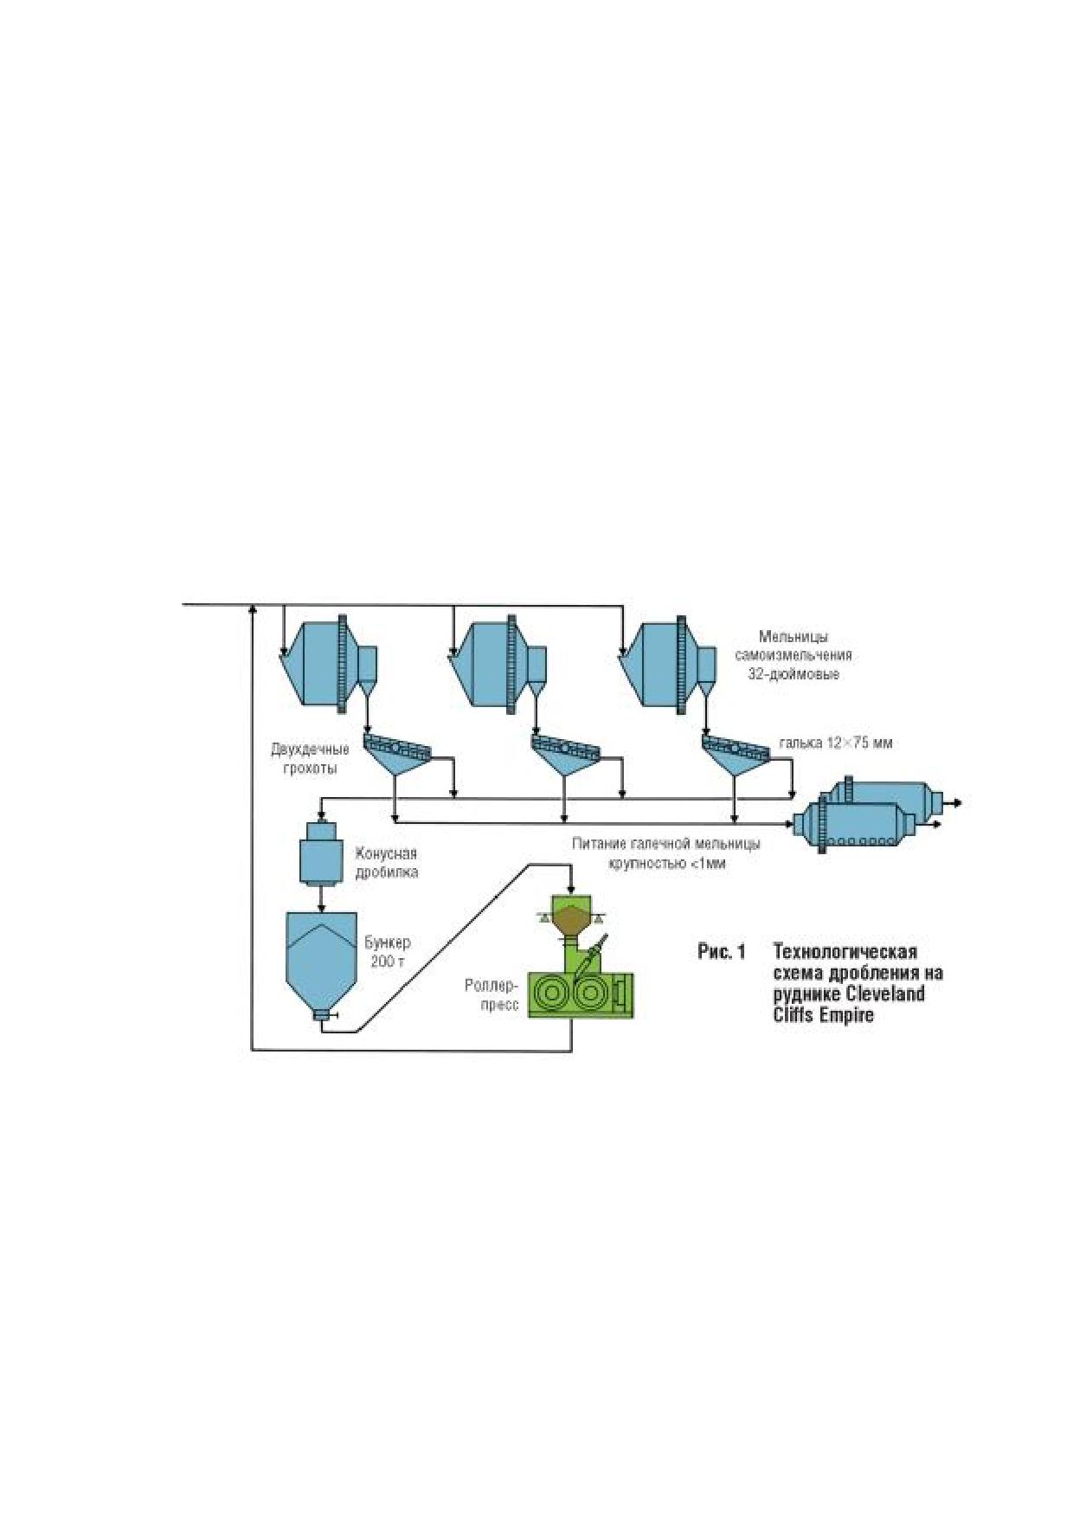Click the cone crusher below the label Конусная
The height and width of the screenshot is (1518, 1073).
tap(321, 852)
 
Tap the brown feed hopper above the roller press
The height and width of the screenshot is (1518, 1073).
tap(571, 920)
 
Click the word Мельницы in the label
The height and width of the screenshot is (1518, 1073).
tap(793, 637)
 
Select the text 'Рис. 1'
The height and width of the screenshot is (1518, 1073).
tap(722, 952)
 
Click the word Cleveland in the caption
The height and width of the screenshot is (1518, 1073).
tap(884, 994)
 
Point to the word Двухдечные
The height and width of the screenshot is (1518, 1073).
tap(310, 749)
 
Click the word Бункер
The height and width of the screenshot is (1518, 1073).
tap(387, 942)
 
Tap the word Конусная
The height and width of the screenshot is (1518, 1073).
tap(386, 853)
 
